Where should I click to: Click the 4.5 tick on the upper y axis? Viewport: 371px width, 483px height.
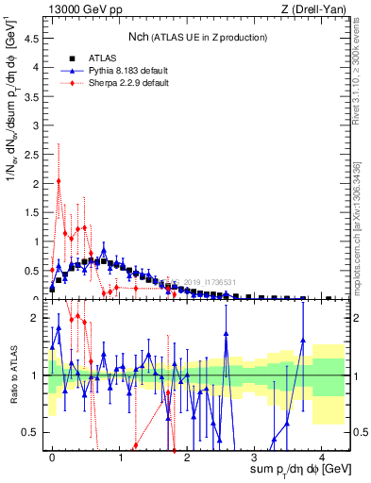tap(36, 39)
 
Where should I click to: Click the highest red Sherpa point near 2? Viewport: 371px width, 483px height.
tap(59, 181)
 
